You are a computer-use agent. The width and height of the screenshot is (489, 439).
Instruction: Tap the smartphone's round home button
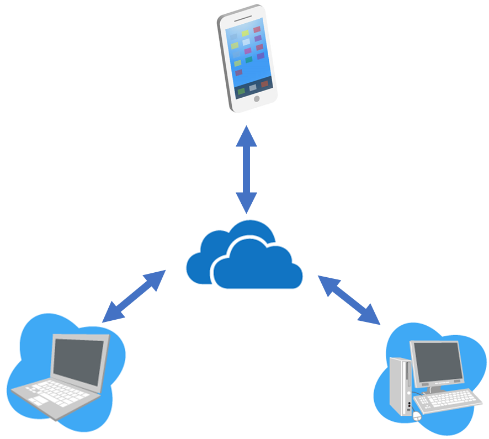[x=256, y=99]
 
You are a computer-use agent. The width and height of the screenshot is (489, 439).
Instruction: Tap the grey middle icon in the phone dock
[x=253, y=87]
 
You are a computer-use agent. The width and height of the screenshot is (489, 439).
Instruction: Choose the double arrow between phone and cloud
[x=246, y=169]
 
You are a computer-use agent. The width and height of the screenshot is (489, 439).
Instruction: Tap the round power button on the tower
[x=408, y=403]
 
